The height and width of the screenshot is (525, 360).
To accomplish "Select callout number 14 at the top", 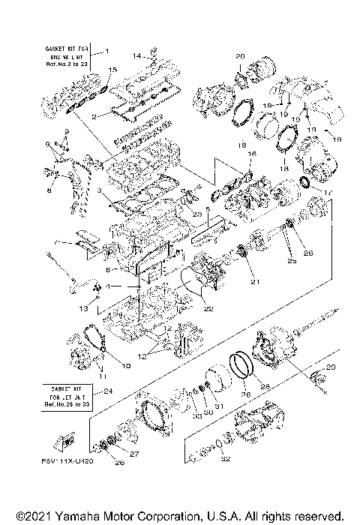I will pos(136,55).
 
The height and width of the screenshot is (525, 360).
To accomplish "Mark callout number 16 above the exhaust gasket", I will pos(252,154).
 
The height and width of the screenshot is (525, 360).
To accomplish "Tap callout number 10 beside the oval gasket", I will pos(125,365).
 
